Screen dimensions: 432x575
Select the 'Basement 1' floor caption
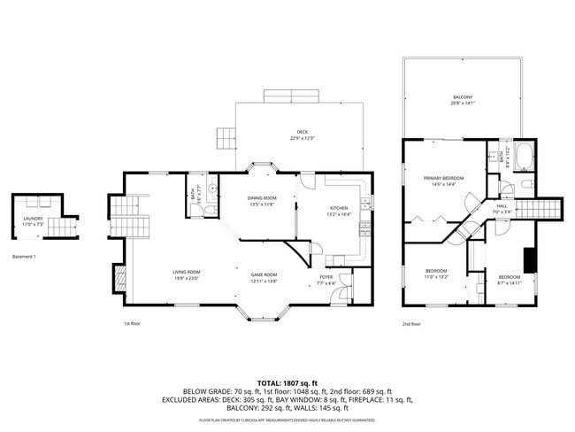[x=24, y=256]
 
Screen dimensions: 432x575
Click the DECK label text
[x=303, y=132]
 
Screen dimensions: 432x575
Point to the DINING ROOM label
[x=262, y=197]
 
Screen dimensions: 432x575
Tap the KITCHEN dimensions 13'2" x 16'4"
[x=340, y=214]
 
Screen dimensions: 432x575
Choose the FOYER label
[x=326, y=277]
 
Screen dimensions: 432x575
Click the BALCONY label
[x=463, y=96]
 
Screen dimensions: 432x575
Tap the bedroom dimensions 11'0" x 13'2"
[x=436, y=276]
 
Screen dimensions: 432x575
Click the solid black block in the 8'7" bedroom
[x=530, y=260]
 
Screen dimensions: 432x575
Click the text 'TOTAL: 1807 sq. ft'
[x=287, y=382]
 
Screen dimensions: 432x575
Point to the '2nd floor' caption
[x=411, y=324]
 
